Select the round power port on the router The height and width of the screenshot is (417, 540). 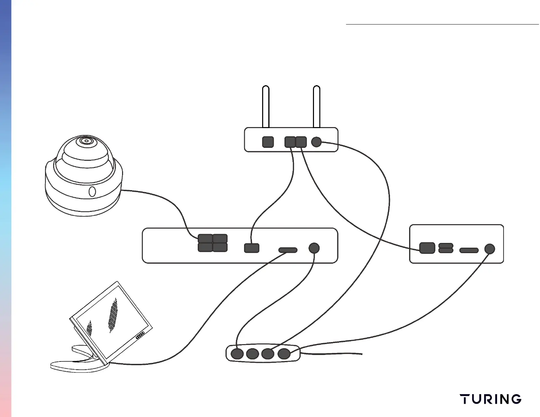[316, 142]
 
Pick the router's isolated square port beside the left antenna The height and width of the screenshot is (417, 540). [268, 142]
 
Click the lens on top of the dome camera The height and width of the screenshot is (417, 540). [86, 140]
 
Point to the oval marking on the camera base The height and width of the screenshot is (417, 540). [92, 192]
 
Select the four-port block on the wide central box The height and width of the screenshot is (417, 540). [213, 243]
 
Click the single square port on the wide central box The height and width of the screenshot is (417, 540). [252, 248]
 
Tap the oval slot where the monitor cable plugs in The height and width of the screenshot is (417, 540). [288, 250]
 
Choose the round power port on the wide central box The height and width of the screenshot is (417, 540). [314, 248]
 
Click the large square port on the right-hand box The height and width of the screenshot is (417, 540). [427, 248]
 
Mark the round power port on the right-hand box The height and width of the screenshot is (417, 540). [490, 249]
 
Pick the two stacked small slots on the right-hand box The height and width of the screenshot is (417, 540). [446, 248]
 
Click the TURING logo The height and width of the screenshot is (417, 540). [490, 399]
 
